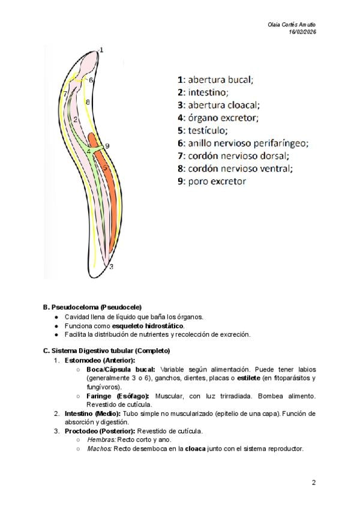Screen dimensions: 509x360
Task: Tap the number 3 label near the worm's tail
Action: [111, 265]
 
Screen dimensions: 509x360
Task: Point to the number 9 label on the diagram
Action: [107, 146]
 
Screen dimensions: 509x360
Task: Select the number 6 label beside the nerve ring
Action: [91, 80]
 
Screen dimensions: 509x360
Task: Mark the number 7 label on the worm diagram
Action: [64, 94]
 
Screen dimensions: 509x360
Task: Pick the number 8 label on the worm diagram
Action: [88, 103]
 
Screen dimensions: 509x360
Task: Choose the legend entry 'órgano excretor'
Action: [217, 117]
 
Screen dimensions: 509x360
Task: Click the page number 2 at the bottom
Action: [314, 482]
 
